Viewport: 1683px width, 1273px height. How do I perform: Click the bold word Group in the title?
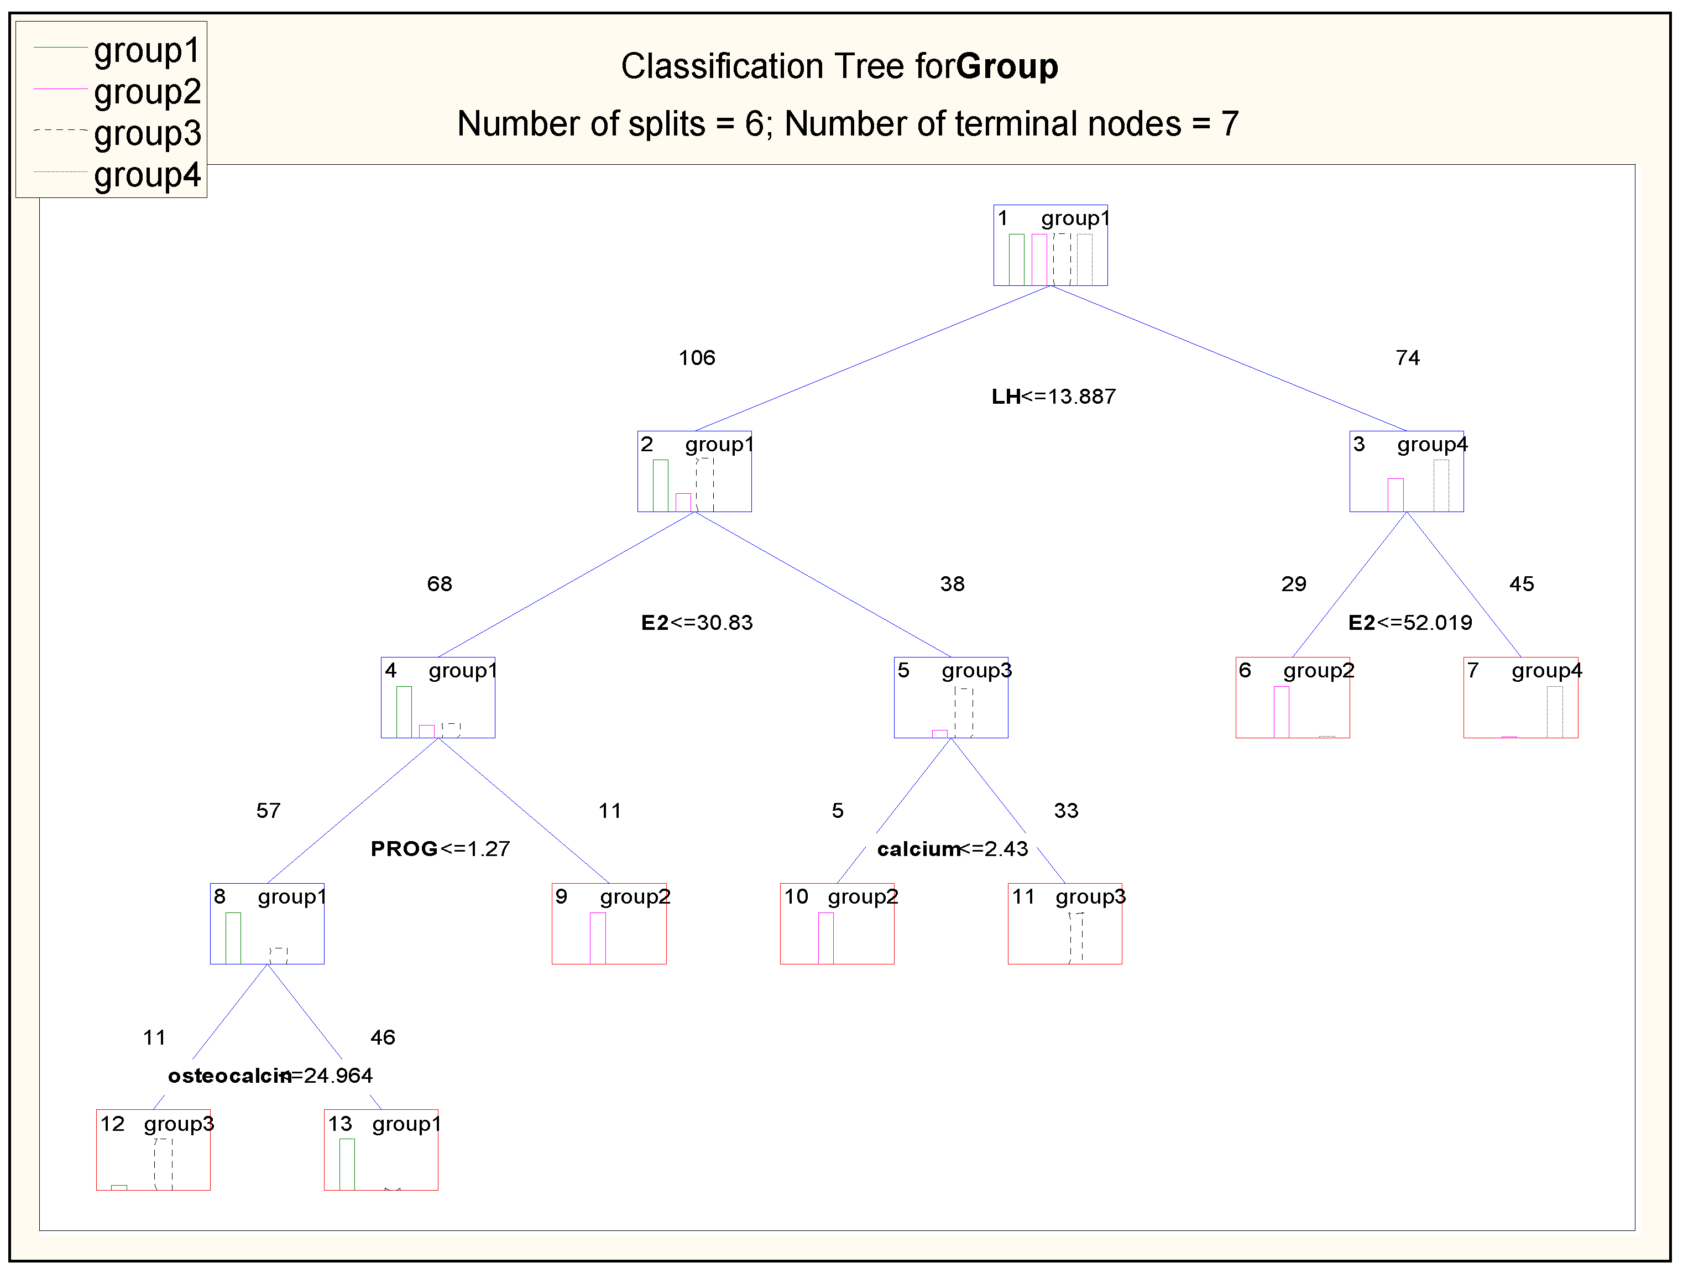click(x=1007, y=66)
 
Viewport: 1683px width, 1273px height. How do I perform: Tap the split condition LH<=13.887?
click(x=1053, y=396)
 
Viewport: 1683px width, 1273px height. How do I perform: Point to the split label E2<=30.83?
click(x=696, y=623)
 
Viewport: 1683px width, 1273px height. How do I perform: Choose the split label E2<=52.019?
click(x=1410, y=623)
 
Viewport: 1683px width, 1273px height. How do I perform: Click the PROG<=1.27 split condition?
click(x=440, y=848)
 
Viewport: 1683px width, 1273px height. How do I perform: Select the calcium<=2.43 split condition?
click(x=952, y=848)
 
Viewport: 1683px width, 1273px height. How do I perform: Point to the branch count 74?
click(x=1408, y=358)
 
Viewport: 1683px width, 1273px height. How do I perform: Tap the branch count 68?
click(x=440, y=583)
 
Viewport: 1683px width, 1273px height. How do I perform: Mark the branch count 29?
click(x=1293, y=583)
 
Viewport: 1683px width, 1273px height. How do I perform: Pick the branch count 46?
click(x=383, y=1037)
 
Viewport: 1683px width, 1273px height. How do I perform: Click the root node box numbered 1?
click(x=1050, y=245)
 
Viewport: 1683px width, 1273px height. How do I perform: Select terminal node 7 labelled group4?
click(x=1520, y=697)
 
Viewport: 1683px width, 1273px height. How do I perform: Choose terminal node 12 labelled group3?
click(x=153, y=1149)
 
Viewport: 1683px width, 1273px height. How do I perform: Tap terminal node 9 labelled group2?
click(x=609, y=923)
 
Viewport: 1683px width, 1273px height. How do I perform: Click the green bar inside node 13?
click(x=347, y=1164)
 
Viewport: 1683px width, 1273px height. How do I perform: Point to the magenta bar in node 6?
click(x=1281, y=712)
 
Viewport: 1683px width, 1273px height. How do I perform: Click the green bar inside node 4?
click(x=404, y=712)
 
